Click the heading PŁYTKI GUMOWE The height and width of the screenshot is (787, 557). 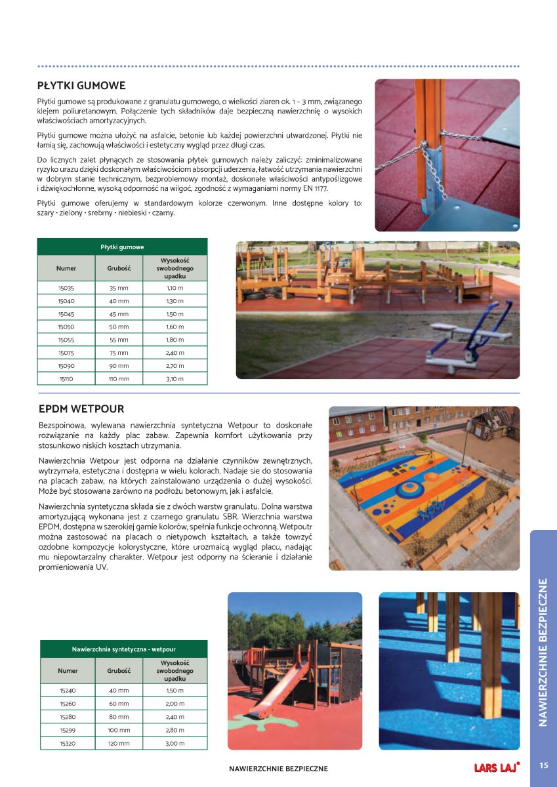coord(81,86)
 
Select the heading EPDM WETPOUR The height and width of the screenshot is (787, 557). coord(81,409)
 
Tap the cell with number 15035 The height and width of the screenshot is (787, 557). coord(66,288)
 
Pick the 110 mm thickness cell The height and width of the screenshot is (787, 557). coord(119,378)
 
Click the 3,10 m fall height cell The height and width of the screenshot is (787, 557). coord(175,378)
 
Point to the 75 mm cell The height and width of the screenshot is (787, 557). coord(119,353)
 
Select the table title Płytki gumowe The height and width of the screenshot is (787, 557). coord(122,247)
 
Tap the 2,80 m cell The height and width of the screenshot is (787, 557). coord(175,730)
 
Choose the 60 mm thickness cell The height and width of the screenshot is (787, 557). coord(119,704)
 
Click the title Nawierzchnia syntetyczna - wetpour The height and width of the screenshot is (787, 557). coord(123,649)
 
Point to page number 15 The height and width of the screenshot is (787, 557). coord(543,765)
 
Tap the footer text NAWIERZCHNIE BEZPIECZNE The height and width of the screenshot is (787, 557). coord(278,769)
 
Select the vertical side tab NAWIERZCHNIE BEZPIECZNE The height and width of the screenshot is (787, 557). coord(543,653)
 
